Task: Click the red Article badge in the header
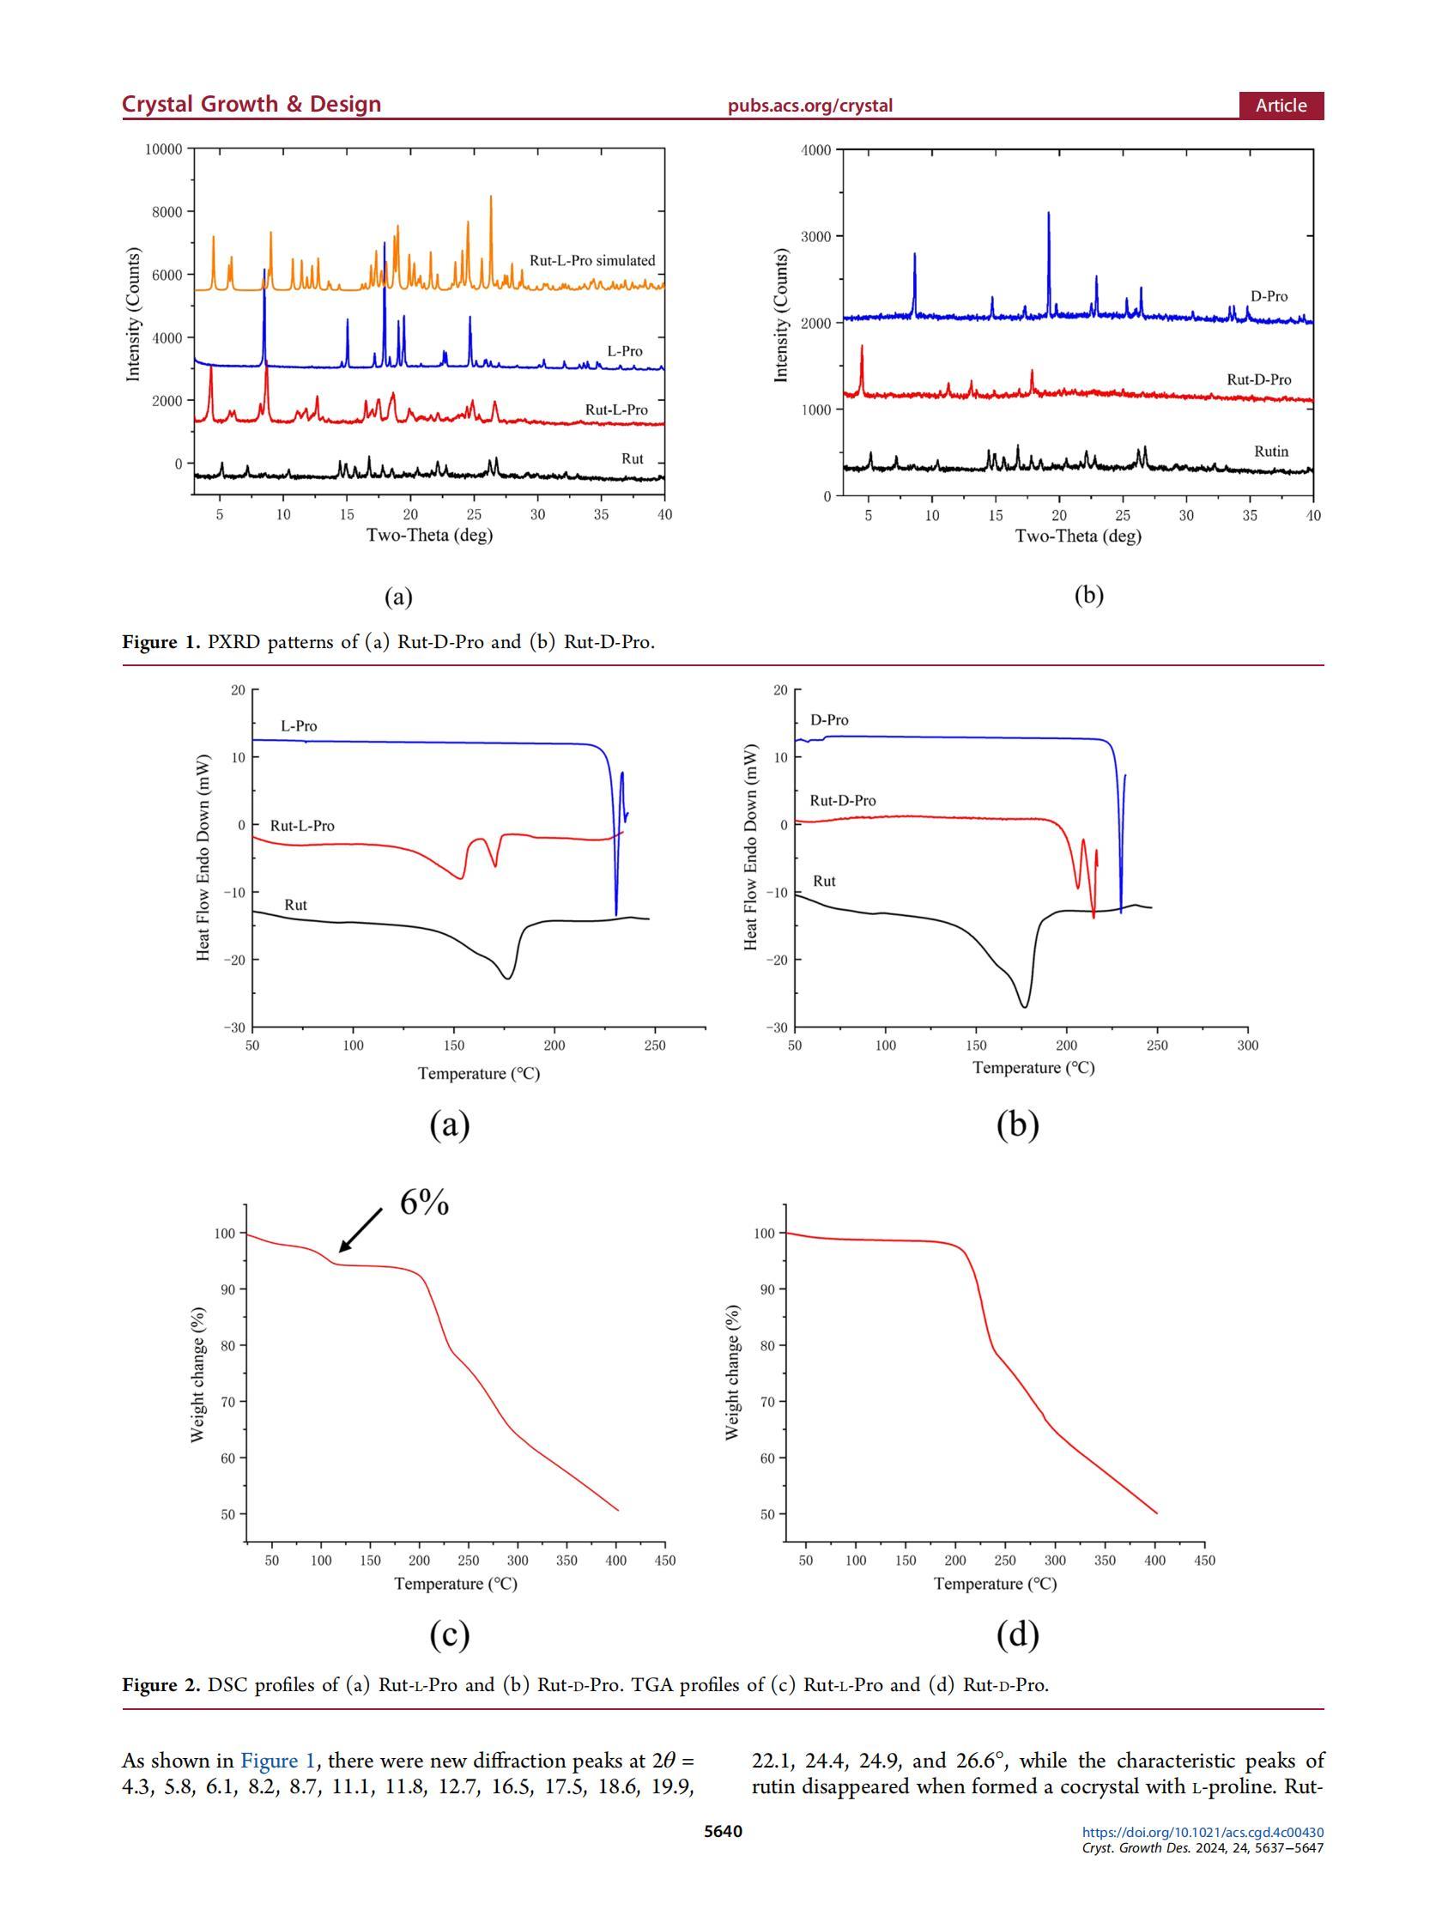pos(1281,106)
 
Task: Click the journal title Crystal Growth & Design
pos(251,105)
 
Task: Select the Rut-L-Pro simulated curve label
pos(591,261)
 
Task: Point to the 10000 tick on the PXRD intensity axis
pos(163,149)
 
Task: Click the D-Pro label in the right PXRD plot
pos(1269,296)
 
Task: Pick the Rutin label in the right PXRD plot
pos(1270,452)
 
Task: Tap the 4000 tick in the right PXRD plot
pos(816,150)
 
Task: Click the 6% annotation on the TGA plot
pos(424,1203)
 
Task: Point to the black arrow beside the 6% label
pos(360,1229)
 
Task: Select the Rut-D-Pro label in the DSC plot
pos(842,800)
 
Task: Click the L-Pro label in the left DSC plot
pos(299,726)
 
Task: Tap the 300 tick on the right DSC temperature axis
pos(1247,1045)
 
